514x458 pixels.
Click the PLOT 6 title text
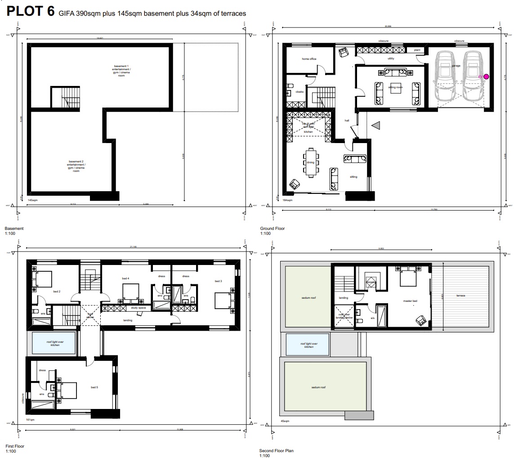(31, 12)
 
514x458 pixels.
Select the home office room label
(309, 59)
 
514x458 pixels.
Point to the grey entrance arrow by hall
(375, 127)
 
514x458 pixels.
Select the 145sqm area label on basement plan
(32, 199)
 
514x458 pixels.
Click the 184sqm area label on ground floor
(287, 199)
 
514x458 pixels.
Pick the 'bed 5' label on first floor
(94, 387)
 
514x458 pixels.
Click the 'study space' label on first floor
(138, 308)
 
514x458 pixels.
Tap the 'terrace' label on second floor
(460, 296)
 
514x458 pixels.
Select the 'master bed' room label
(410, 301)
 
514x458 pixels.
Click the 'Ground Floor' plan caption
(272, 229)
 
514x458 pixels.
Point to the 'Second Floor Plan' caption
(276, 450)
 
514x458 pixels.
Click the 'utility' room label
(390, 59)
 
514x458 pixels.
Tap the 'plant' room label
(417, 50)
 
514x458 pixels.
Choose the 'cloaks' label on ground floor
(299, 92)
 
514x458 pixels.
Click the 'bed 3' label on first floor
(218, 281)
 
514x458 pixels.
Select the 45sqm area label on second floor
(285, 421)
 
